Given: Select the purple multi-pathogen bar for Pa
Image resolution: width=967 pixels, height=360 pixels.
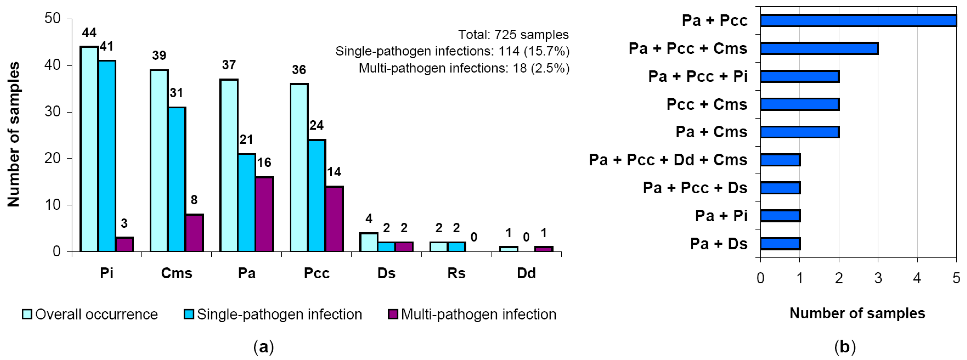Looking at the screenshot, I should pos(264,214).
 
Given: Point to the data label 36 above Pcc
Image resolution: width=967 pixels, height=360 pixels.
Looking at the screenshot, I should pos(299,69).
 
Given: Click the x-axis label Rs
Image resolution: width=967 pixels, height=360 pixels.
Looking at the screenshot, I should pos(456,273).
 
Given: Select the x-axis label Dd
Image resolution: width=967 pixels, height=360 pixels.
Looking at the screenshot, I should pos(526,273).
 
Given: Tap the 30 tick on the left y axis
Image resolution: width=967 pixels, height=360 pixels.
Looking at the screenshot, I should pos(52,112).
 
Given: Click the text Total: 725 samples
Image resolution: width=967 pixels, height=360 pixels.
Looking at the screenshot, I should pos(513,34).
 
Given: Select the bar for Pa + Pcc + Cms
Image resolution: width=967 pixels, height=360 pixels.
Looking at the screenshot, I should pos(819,49).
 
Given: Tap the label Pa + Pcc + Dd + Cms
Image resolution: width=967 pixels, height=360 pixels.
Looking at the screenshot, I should pos(668,160).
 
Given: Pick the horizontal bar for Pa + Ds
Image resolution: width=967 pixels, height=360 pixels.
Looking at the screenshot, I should pos(780,244).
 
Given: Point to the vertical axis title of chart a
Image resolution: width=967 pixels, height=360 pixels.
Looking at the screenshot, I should pos(14,134).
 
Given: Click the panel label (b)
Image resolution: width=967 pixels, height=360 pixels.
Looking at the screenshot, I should pos(845,346).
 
